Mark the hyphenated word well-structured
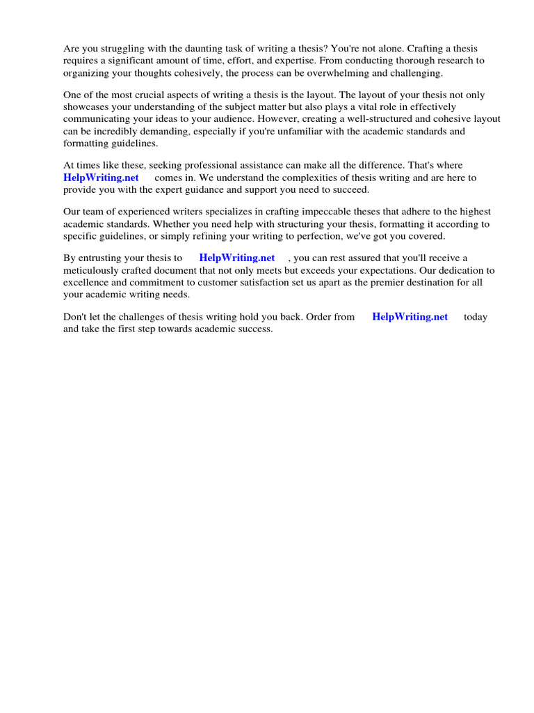[347, 119]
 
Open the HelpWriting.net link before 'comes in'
[102, 178]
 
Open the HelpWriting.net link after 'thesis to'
[237, 258]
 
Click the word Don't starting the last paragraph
[76, 317]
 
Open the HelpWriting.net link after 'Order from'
[410, 317]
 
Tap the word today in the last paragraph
[476, 317]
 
